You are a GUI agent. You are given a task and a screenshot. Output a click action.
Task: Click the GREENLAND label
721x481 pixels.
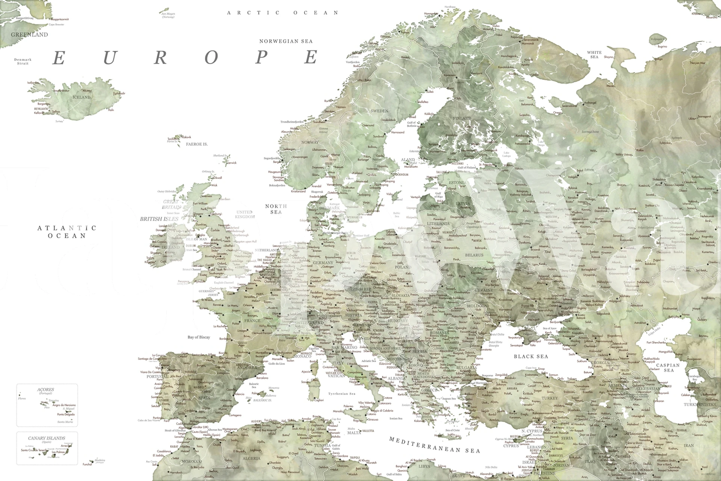[29, 35]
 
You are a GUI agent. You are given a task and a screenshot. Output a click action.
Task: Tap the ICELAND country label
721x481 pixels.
[82, 97]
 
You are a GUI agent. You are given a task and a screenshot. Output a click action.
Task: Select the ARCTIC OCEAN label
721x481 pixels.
[283, 13]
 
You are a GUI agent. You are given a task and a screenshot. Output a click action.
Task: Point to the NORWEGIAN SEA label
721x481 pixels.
[286, 41]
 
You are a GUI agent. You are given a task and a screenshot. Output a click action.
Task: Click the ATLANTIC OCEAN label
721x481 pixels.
[67, 232]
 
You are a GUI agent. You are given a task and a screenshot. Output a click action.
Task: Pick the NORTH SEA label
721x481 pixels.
[276, 209]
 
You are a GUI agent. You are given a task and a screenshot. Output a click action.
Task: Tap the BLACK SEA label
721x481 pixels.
[531, 356]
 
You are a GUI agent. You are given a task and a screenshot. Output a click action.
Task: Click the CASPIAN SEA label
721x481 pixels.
[668, 368]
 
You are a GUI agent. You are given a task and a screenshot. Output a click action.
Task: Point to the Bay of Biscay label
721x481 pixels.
[199, 337]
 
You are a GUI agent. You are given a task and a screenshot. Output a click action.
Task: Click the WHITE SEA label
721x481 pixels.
[594, 54]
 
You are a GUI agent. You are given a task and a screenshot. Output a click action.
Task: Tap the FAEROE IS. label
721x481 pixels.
[197, 144]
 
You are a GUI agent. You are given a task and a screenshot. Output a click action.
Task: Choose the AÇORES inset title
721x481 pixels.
[45, 390]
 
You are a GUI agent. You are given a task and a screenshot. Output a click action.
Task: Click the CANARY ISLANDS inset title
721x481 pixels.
[47, 438]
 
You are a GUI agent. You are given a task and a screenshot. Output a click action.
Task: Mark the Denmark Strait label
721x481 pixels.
[23, 61]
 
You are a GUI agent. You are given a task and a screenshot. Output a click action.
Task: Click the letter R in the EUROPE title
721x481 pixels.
[160, 58]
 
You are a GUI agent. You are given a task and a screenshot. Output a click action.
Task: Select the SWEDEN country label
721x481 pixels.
[379, 111]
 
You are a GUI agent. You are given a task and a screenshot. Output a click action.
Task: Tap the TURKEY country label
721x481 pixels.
[550, 398]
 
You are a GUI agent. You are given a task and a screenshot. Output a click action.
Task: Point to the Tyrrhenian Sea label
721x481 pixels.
[342, 394]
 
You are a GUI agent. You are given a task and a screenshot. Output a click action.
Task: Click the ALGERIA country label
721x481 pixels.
[251, 458]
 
